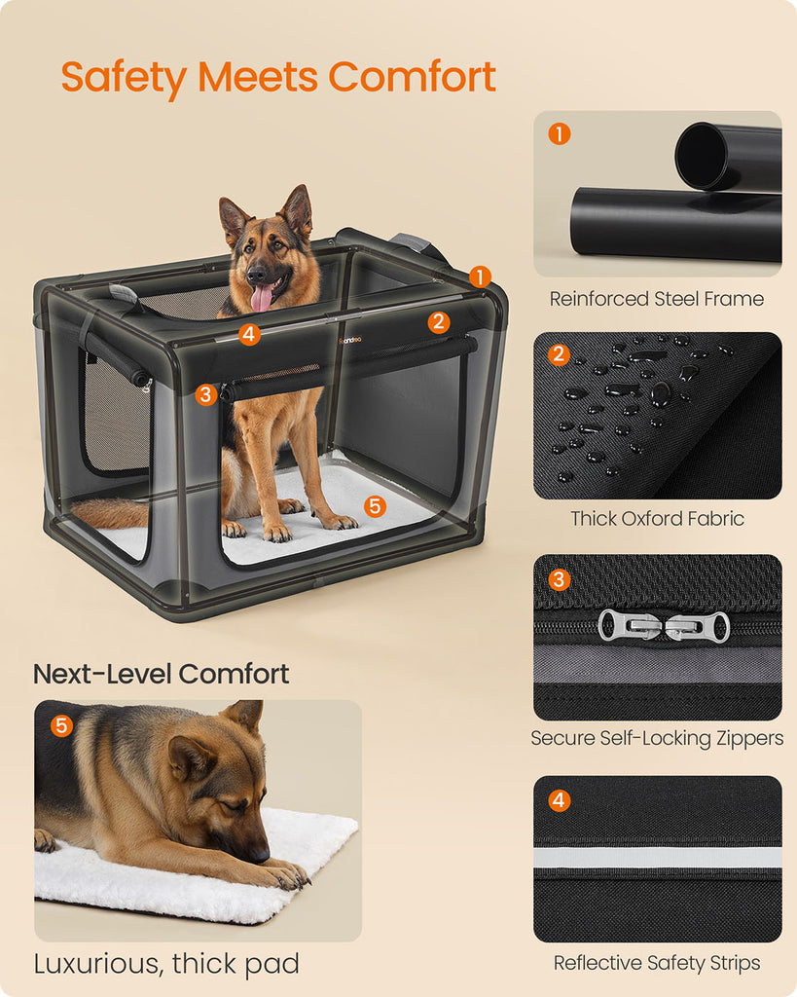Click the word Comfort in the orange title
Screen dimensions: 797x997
click(412, 77)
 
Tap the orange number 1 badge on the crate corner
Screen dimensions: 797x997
click(481, 277)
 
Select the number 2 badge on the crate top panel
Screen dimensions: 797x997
click(439, 322)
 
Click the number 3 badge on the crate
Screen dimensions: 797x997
click(205, 394)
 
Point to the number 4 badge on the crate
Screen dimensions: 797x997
click(249, 334)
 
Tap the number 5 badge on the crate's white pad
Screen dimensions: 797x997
click(375, 506)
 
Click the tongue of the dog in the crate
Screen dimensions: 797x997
click(262, 299)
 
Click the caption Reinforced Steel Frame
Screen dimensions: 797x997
click(657, 298)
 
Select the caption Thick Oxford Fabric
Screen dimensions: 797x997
click(657, 518)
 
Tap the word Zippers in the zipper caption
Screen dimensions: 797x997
click(750, 738)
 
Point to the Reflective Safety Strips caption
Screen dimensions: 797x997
click(657, 963)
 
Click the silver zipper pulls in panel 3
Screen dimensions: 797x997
click(664, 626)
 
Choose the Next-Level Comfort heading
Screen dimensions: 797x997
click(161, 674)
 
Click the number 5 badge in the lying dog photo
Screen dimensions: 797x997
click(61, 725)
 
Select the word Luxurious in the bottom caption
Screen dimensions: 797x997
click(99, 964)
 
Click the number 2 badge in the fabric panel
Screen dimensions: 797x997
click(559, 354)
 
